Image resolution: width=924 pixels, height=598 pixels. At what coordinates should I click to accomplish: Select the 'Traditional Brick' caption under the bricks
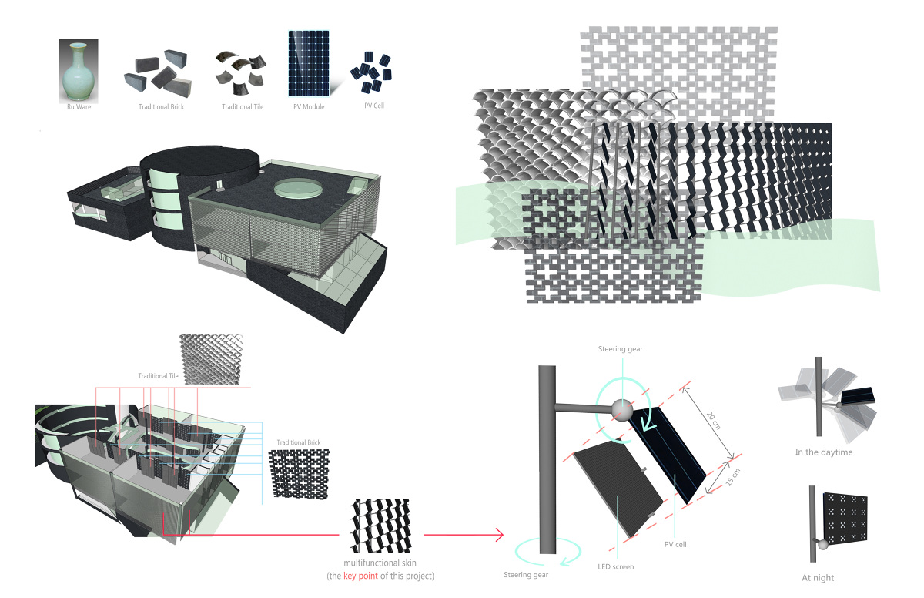click(161, 106)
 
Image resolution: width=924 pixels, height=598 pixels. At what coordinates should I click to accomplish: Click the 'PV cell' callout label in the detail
click(675, 544)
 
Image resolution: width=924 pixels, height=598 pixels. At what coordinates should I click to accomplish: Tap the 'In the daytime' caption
click(823, 452)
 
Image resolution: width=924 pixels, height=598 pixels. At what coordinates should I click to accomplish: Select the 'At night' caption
click(819, 577)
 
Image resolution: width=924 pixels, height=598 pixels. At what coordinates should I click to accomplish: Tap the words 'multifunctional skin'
click(379, 563)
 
